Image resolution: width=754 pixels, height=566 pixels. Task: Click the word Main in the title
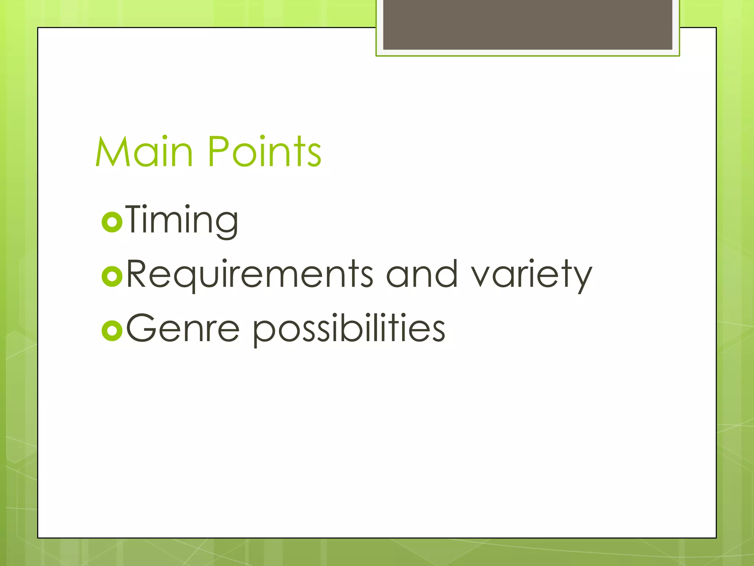[x=144, y=151]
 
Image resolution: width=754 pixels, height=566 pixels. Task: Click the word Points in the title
[x=264, y=151]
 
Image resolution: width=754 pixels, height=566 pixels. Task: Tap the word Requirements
[x=250, y=275]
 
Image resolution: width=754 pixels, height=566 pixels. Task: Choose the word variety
[x=532, y=275]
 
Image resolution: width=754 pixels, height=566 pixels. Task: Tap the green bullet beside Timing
[x=112, y=222]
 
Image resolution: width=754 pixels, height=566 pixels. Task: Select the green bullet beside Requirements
[x=112, y=276]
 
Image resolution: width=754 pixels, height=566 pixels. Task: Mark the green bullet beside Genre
[x=112, y=331]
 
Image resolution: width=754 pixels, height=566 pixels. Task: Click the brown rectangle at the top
[x=528, y=24]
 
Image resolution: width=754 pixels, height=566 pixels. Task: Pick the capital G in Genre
[x=141, y=328]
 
